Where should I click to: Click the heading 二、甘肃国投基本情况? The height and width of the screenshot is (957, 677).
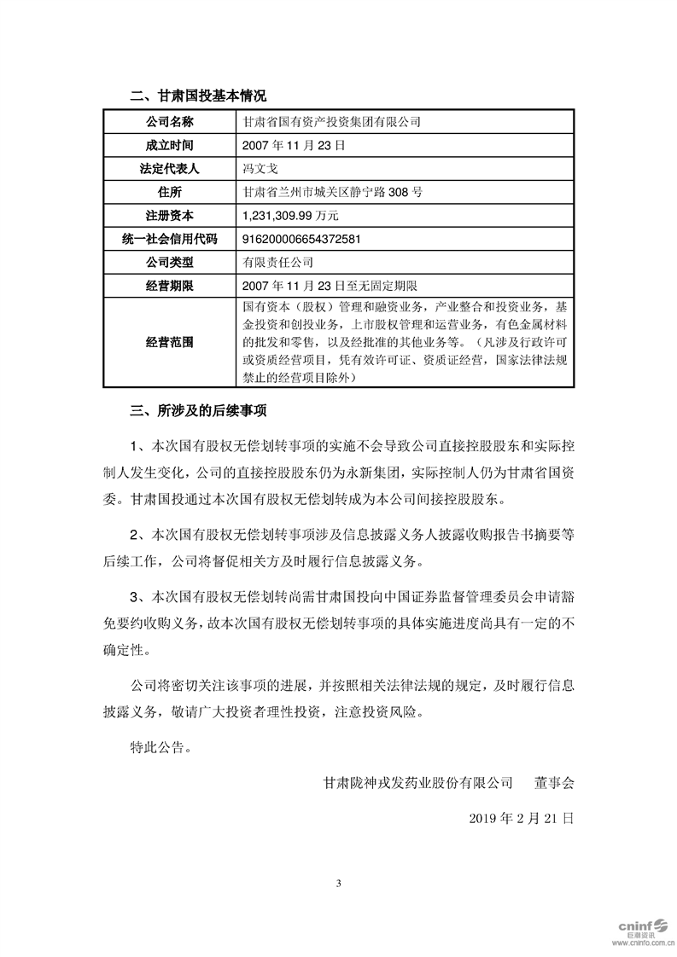[x=198, y=96]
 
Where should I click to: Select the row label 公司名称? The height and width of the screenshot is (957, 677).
[x=170, y=123]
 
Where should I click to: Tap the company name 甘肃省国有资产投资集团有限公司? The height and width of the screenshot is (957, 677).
[x=332, y=123]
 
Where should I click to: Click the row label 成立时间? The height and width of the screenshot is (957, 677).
[x=170, y=146]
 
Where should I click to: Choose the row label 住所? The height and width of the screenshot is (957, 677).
[x=170, y=192]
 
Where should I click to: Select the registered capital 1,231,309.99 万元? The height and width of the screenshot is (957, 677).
[x=291, y=216]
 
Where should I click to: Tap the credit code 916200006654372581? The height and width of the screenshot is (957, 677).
[x=301, y=239]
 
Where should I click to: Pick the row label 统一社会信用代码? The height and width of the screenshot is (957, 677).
[x=170, y=239]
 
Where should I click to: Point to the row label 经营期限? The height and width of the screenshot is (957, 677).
[x=170, y=285]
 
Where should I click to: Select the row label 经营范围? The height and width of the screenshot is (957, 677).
[x=170, y=342]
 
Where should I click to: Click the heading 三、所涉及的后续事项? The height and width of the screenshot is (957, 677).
[x=198, y=411]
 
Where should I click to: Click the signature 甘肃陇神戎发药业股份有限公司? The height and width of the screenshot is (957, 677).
[x=417, y=781]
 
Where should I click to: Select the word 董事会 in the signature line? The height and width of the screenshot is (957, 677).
[x=555, y=781]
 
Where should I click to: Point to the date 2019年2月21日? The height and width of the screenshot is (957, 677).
[x=522, y=816]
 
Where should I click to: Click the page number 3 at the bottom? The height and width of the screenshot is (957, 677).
[x=339, y=883]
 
